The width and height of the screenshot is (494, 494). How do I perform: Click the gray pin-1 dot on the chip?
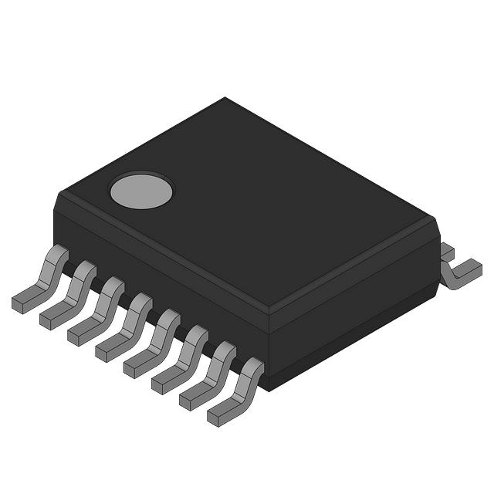[x=141, y=191]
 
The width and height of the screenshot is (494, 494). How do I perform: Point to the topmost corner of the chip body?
[x=225, y=98]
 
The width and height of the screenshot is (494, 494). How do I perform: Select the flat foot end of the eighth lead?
[x=219, y=417]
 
